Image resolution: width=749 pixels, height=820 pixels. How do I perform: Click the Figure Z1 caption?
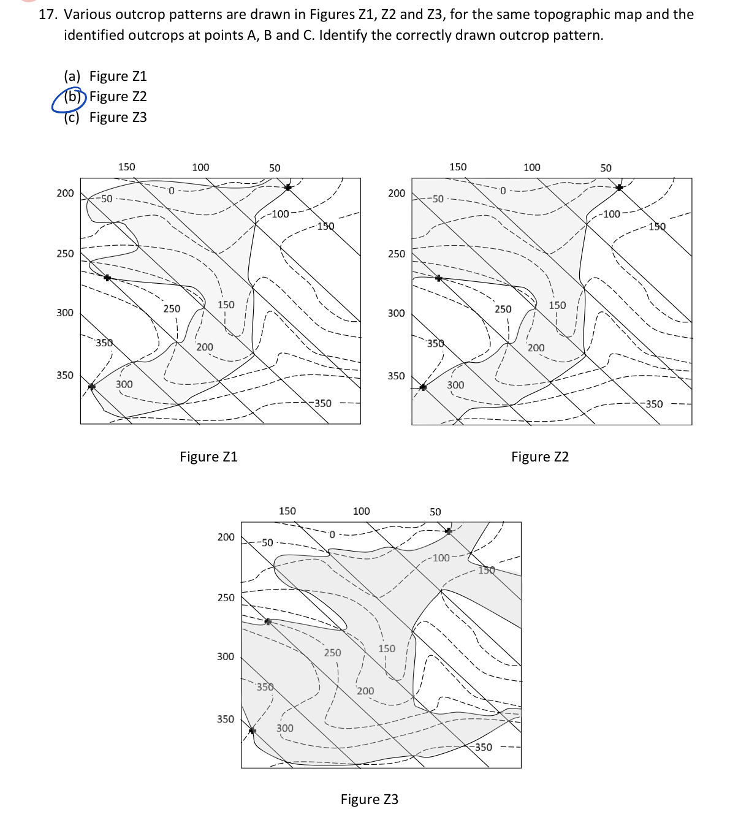(208, 457)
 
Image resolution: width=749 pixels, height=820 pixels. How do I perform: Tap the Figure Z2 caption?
(540, 457)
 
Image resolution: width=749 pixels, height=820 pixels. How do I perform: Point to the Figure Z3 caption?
(370, 799)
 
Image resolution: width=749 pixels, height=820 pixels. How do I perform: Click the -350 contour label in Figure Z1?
(321, 403)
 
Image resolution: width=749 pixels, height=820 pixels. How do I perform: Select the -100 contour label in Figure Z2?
(610, 214)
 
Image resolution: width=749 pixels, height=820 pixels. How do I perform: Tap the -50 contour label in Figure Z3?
(265, 543)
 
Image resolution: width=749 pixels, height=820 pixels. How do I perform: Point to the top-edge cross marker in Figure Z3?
(449, 531)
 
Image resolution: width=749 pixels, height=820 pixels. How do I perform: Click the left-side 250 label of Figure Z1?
(65, 254)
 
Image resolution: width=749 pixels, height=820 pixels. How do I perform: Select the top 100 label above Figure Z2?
(532, 167)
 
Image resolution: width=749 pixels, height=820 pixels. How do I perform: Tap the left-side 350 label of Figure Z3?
(226, 719)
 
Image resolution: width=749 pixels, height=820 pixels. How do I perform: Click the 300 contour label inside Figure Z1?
(124, 384)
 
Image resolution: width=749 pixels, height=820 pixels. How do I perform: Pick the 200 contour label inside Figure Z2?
(536, 348)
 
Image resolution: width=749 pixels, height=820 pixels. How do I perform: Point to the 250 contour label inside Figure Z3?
(332, 653)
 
